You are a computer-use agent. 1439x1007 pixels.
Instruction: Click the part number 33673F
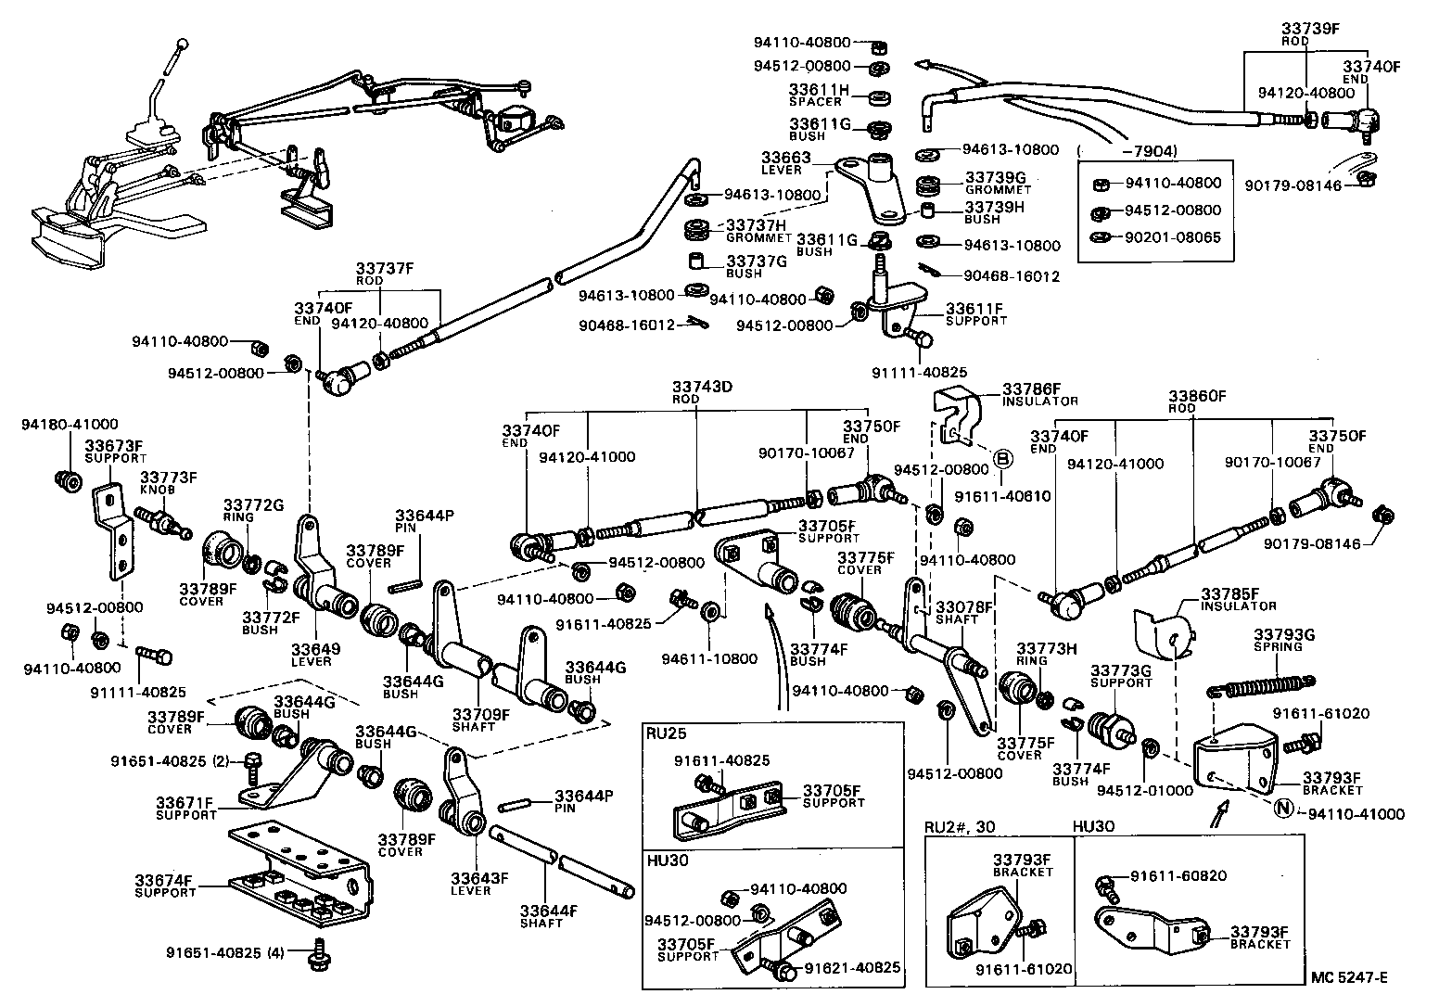[x=115, y=446]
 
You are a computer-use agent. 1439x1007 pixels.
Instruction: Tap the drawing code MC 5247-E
[x=1349, y=977]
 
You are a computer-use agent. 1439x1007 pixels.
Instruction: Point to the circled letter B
[x=1001, y=457]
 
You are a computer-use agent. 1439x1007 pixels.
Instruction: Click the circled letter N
[x=1283, y=809]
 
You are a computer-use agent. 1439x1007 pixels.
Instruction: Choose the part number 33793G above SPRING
[x=1284, y=635]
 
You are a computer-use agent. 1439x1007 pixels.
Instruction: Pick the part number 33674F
[x=165, y=880]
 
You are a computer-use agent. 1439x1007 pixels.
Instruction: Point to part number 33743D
[x=702, y=386]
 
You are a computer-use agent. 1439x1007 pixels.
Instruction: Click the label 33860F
[x=1196, y=395]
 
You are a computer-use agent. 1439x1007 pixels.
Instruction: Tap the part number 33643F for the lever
[x=480, y=878]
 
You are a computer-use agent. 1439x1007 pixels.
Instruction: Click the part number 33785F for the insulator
[x=1230, y=593]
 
